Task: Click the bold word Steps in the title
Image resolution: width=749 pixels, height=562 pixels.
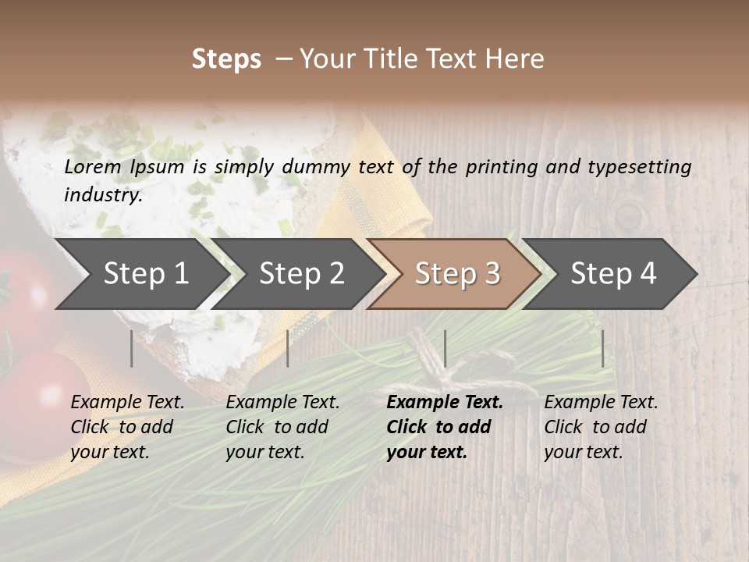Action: click(226, 59)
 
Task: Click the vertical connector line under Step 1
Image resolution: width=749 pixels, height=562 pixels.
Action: click(132, 348)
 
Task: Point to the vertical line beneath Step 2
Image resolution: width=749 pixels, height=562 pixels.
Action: click(288, 348)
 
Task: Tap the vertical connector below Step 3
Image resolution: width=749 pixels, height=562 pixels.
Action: click(445, 348)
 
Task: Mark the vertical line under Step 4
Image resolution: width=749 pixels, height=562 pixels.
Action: click(602, 348)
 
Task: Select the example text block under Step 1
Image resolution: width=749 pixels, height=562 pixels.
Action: click(127, 427)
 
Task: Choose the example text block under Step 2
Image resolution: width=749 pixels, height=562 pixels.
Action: click(282, 427)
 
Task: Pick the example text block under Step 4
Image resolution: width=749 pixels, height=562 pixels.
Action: click(601, 427)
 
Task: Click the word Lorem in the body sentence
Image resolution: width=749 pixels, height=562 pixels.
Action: click(93, 166)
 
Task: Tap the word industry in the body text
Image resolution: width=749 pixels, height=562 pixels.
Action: click(103, 195)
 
